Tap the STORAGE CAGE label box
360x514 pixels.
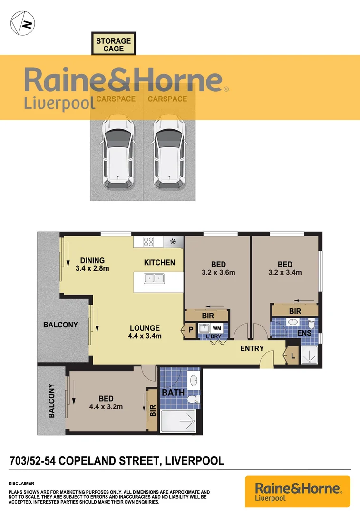(114, 44)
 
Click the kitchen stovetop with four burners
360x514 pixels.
(147, 242)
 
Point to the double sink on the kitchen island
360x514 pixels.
(154, 278)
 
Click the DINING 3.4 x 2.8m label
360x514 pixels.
(93, 264)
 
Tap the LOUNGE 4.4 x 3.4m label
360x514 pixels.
(145, 332)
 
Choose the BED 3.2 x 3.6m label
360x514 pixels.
(219, 268)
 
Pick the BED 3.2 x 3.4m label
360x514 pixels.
(285, 268)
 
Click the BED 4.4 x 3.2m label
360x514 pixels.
(106, 403)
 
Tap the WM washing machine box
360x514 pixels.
(217, 328)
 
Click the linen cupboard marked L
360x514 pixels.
(292, 355)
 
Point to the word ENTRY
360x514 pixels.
(252, 349)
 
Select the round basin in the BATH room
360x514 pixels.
(193, 380)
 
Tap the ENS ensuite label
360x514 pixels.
(304, 333)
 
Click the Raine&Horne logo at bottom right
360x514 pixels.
(298, 491)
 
